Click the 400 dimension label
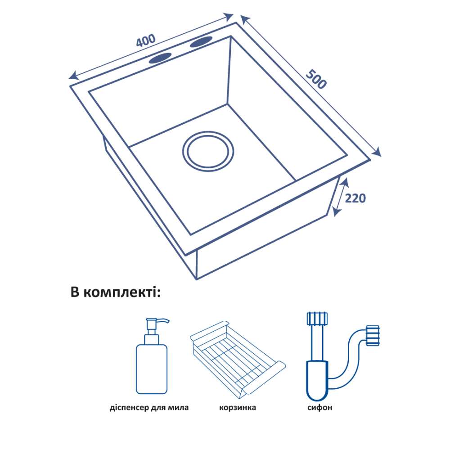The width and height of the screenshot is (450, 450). [x=145, y=41]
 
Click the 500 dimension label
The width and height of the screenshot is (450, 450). [x=316, y=80]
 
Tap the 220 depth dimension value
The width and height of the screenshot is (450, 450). [x=355, y=198]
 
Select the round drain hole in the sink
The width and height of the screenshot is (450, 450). [x=208, y=151]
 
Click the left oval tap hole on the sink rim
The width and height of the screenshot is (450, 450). [x=160, y=58]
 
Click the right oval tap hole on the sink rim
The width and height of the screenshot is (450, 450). [x=201, y=43]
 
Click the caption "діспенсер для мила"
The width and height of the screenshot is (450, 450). [x=149, y=408]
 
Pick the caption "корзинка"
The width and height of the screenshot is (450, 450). [x=238, y=408]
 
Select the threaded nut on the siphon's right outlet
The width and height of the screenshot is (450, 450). [x=373, y=336]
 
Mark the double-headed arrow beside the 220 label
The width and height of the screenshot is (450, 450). [x=341, y=197]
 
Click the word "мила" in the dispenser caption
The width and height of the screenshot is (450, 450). [x=178, y=408]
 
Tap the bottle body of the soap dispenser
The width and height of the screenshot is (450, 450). [x=151, y=369]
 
